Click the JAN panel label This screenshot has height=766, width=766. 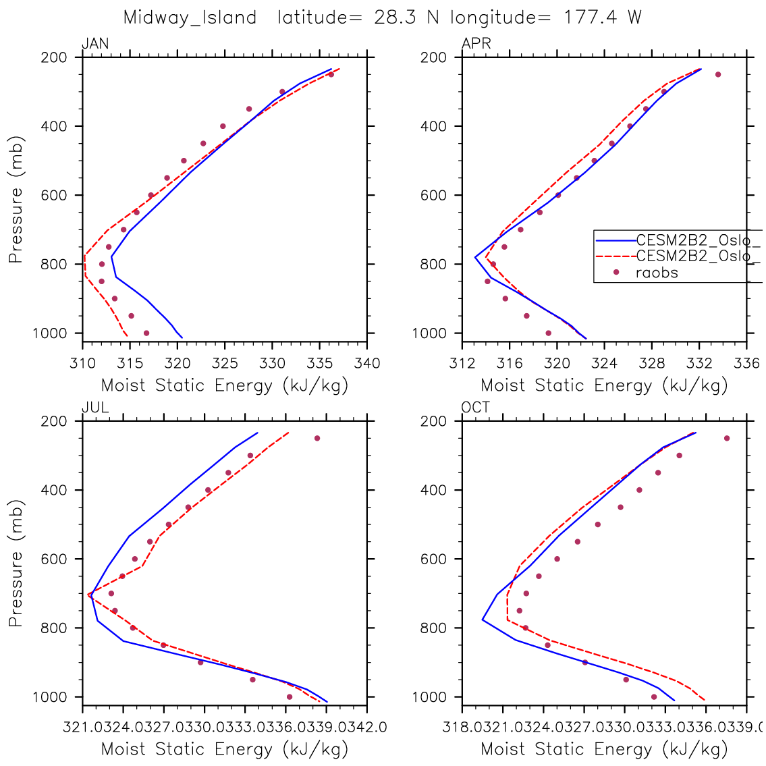pyautogui.click(x=95, y=45)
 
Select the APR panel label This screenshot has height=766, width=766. pyautogui.click(x=476, y=45)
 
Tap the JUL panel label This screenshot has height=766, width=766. pyautogui.click(x=95, y=408)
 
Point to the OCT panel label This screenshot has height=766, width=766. pyautogui.click(x=476, y=408)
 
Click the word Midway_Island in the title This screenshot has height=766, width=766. pyautogui.click(x=190, y=18)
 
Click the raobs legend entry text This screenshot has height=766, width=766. pyautogui.click(x=657, y=273)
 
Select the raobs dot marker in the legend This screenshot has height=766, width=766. pyautogui.click(x=615, y=272)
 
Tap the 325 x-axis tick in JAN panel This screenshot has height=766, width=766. pyautogui.click(x=225, y=364)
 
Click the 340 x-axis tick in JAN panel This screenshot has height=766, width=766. pyautogui.click(x=367, y=364)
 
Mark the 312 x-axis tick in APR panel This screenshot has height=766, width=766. pyautogui.click(x=462, y=364)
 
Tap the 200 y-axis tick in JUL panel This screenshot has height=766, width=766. pyautogui.click(x=57, y=421)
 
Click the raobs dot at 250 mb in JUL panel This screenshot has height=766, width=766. pyautogui.click(x=317, y=438)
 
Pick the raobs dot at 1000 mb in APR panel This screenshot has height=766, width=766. pyautogui.click(x=548, y=333)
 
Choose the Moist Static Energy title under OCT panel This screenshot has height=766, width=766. pyautogui.click(x=604, y=749)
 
